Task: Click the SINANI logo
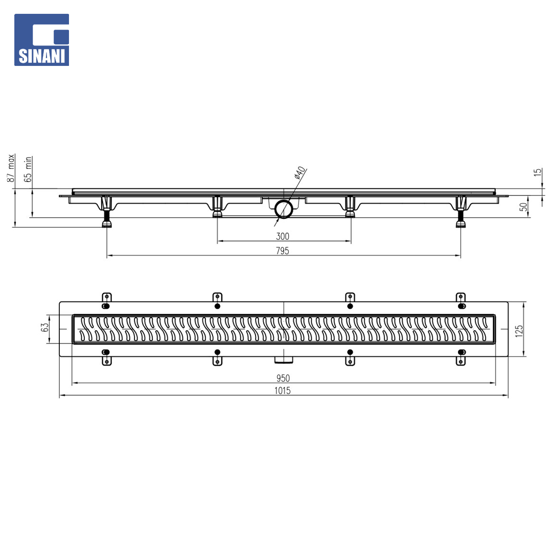[x=41, y=40]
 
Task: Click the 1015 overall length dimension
[x=283, y=391]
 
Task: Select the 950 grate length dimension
[x=283, y=378]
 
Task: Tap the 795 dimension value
[x=283, y=250]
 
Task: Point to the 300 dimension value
[x=283, y=236]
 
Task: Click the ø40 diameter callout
[x=300, y=173]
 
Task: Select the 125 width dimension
[x=519, y=331]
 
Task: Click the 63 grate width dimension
[x=44, y=328]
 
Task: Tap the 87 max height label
[x=11, y=168]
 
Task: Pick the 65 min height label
[x=28, y=169]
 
